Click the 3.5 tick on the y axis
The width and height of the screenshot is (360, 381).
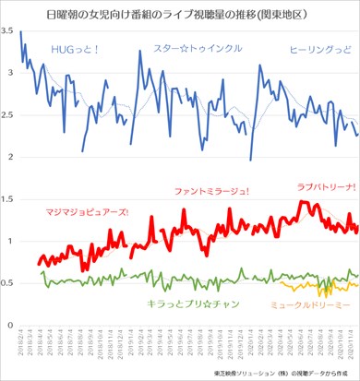pyautogui.click(x=10, y=31)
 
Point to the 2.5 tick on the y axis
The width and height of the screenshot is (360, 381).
pyautogui.click(x=10, y=115)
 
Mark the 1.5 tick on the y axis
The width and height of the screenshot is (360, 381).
pyautogui.click(x=10, y=199)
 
